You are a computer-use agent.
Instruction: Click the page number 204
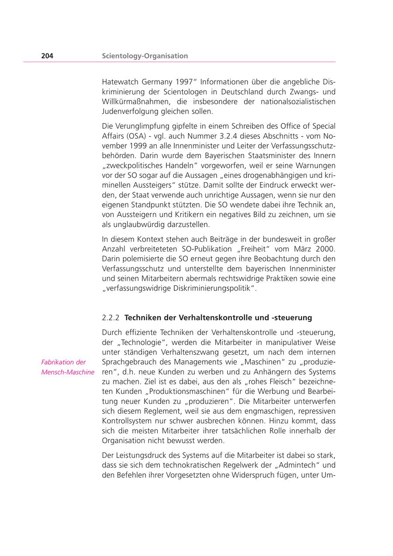(x=47, y=56)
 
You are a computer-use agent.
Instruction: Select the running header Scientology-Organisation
(x=145, y=56)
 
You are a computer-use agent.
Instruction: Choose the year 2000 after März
(x=326, y=249)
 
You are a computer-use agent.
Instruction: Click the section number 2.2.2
(x=111, y=318)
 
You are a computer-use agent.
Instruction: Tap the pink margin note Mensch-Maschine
(x=68, y=373)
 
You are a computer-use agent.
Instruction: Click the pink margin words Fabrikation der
(x=63, y=362)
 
